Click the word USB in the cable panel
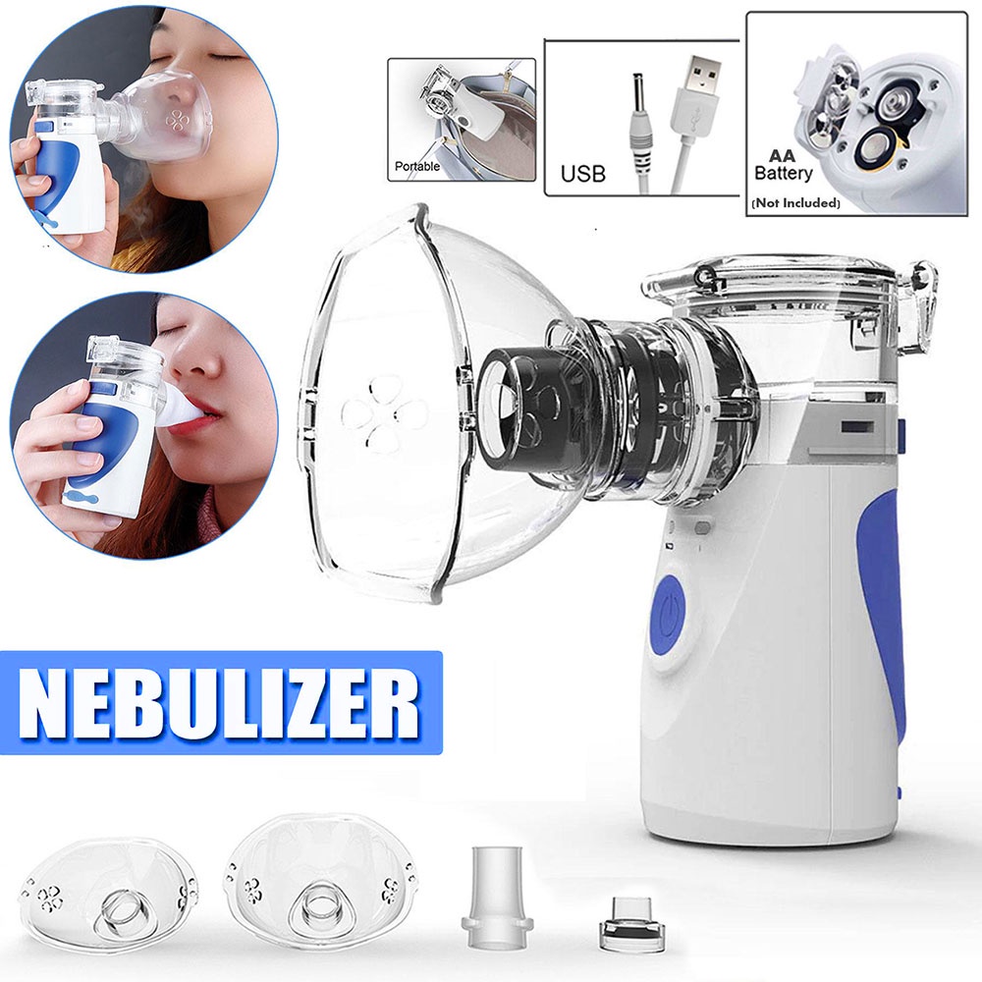point(582,175)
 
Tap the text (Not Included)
point(794,203)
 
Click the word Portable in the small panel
point(417,167)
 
